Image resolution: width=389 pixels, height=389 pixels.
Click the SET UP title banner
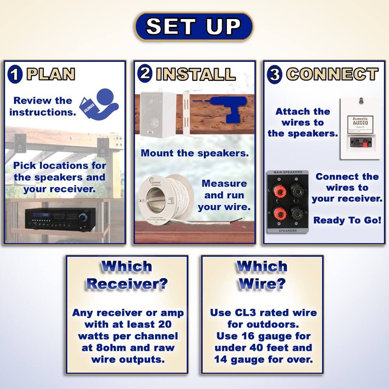point(194,26)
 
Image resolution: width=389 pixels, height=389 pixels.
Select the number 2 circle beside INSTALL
point(145,73)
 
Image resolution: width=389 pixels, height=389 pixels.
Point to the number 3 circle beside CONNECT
point(275,75)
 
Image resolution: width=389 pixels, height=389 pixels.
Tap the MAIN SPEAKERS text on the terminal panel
point(288,172)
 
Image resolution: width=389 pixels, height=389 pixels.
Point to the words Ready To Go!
point(347,220)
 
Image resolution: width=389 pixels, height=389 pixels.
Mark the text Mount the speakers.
point(194,153)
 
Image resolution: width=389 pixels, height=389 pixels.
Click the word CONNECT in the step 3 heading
point(332,74)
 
